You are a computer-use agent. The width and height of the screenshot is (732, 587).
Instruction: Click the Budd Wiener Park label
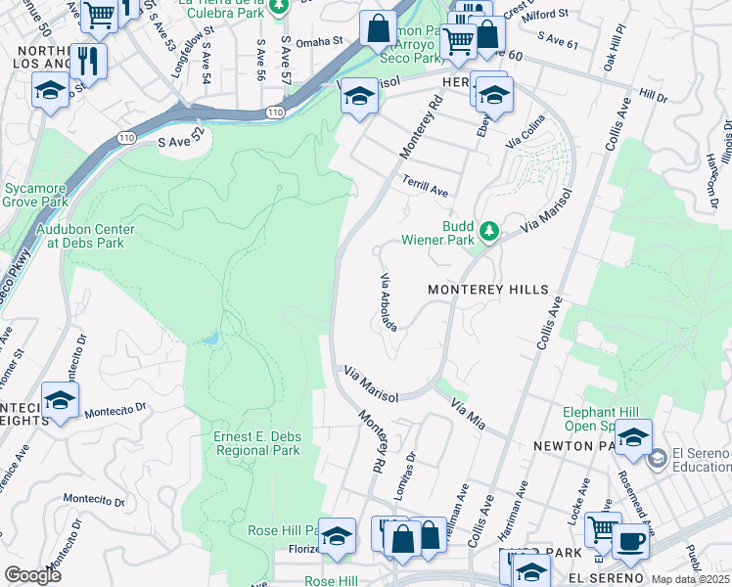[437, 230]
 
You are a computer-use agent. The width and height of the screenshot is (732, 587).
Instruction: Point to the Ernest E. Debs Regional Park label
[257, 443]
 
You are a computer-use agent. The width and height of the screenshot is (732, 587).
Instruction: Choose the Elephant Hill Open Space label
[603, 419]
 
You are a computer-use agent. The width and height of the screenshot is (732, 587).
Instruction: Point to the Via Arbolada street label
[388, 302]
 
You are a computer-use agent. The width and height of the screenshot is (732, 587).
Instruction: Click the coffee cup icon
[631, 540]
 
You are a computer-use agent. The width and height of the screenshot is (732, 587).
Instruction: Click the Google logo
[32, 575]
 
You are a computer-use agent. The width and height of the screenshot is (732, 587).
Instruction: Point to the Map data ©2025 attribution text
[690, 579]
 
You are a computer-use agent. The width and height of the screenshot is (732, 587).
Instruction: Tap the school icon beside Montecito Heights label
[60, 401]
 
